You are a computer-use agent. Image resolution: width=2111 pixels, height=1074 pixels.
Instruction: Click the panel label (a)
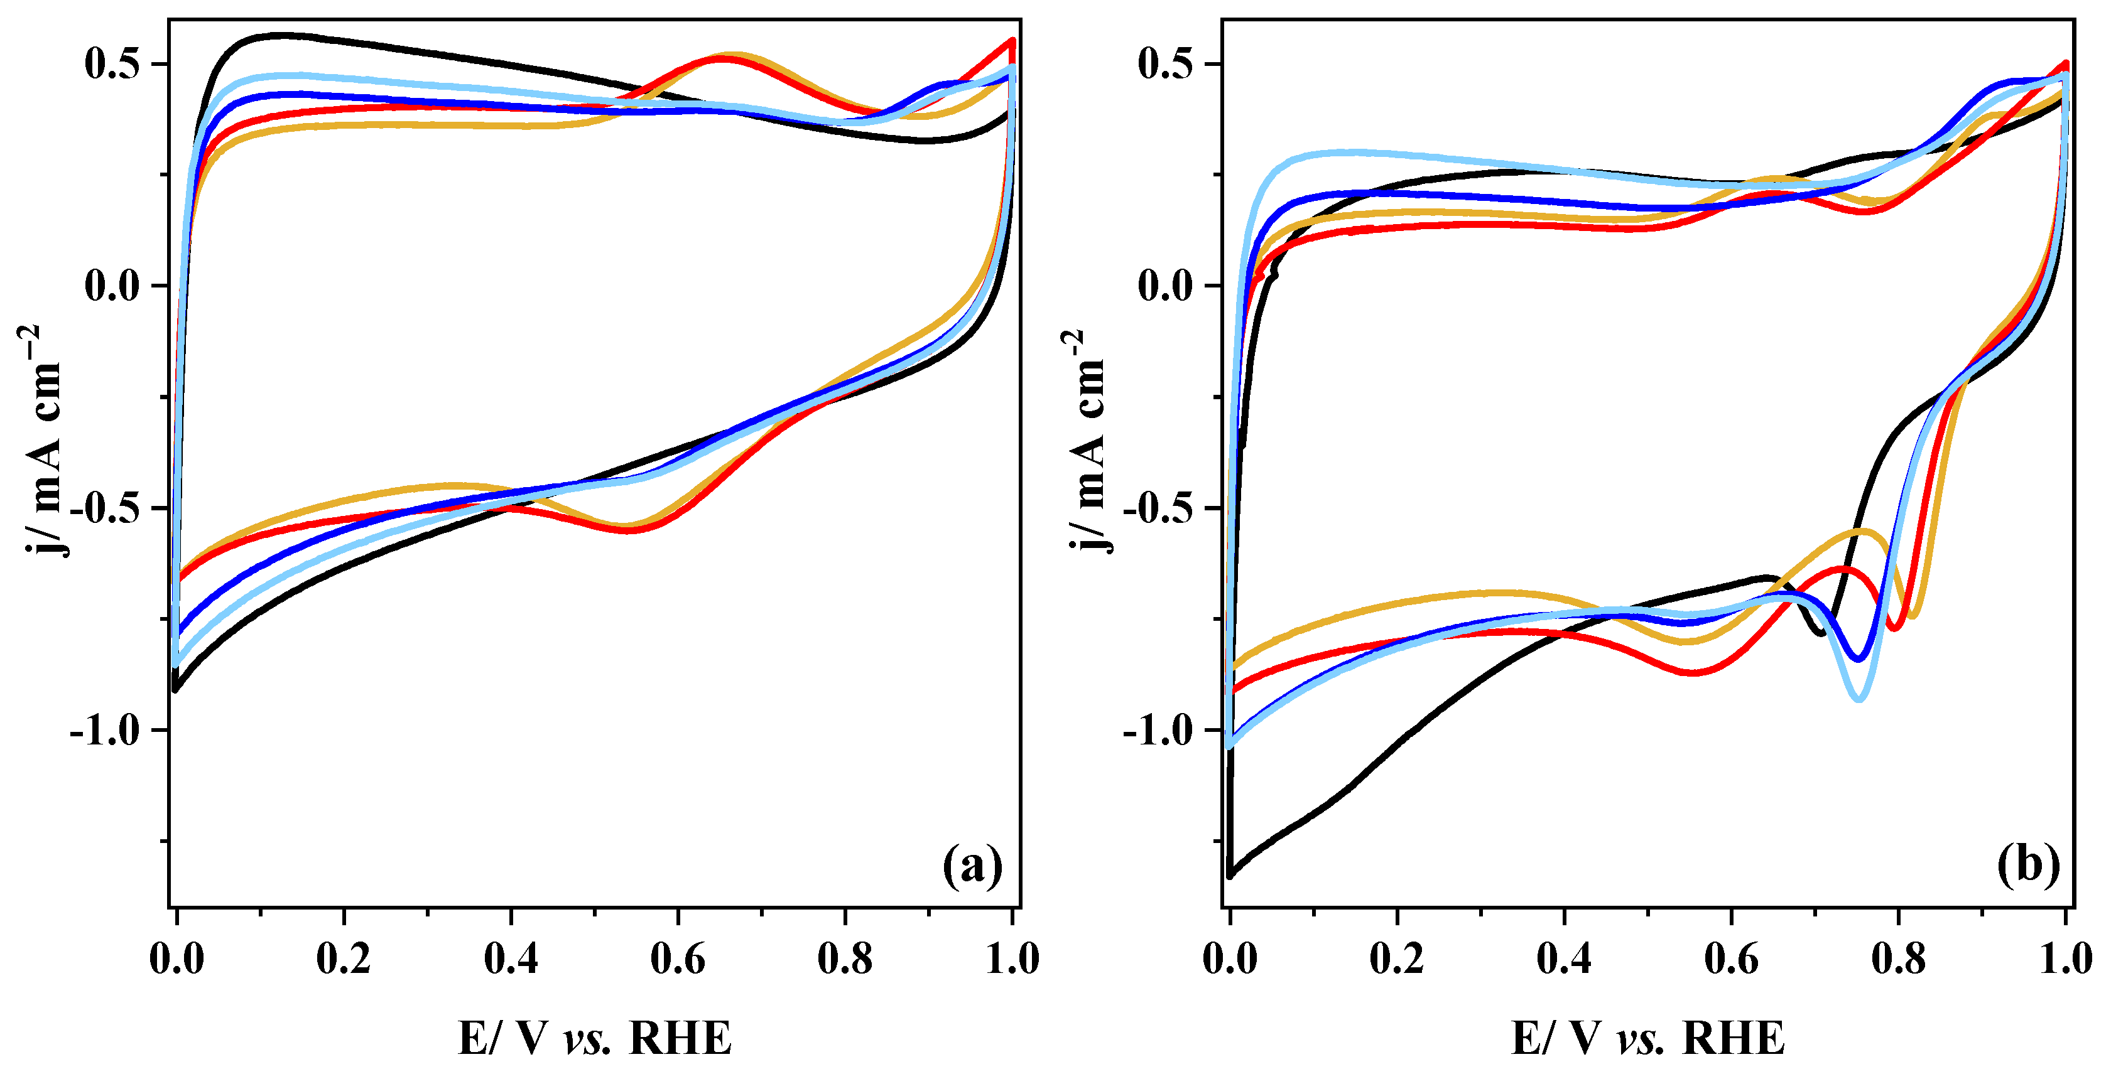[972, 866]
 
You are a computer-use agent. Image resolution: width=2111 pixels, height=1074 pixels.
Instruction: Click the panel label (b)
[2028, 866]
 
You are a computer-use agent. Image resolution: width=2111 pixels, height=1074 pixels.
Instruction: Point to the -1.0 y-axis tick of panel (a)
[105, 730]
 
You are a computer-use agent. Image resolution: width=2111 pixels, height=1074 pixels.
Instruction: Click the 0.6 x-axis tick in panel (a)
[678, 959]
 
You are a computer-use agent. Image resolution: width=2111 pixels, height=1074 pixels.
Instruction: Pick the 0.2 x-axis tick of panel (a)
[344, 959]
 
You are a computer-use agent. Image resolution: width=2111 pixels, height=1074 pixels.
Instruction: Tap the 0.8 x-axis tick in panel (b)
[1898, 959]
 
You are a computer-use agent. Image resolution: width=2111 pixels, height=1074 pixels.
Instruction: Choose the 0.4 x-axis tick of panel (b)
[1563, 959]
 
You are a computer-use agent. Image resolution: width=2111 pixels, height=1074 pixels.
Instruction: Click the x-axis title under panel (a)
[594, 1039]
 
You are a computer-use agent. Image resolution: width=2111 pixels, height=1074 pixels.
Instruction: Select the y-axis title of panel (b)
[1087, 443]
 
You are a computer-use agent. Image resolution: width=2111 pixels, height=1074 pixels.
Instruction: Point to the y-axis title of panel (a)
[41, 443]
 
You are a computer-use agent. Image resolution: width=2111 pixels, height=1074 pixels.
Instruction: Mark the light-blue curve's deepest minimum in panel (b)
[1859, 699]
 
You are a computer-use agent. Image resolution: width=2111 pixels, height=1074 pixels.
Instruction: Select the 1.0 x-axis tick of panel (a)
[1012, 959]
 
